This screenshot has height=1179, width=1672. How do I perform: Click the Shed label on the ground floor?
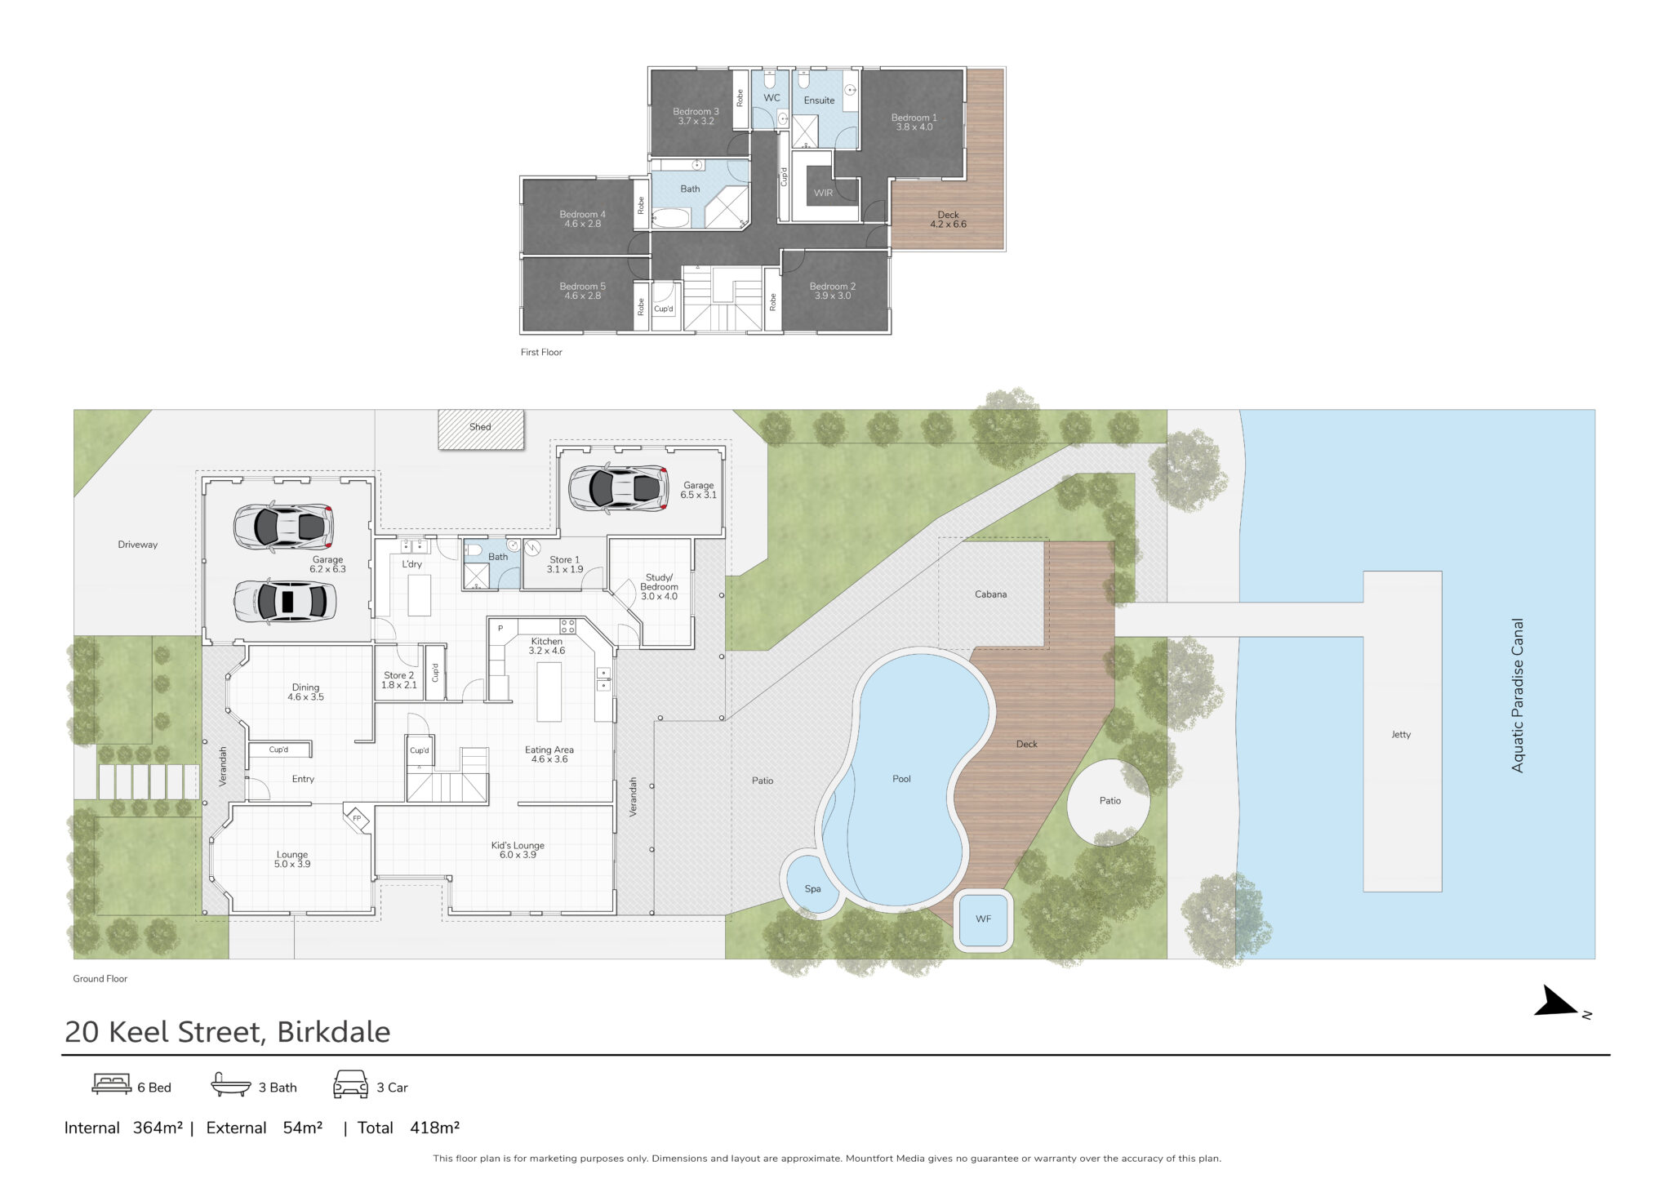point(480,427)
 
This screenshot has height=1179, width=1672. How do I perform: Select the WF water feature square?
point(983,919)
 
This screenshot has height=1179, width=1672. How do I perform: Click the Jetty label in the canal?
point(1401,735)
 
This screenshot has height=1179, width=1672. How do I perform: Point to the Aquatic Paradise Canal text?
point(1518,695)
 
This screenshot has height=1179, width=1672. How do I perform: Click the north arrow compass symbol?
point(1559,1003)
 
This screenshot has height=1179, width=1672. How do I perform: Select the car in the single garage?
point(619,488)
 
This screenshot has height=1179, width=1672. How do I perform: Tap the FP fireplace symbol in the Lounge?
point(357,818)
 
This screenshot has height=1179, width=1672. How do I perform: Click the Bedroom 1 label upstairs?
point(914,122)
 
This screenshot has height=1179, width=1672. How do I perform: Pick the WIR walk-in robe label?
point(823,194)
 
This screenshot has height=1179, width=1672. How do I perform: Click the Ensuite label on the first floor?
point(819,100)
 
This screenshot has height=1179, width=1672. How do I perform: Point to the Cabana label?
point(990,594)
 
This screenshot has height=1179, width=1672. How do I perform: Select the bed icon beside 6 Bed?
point(111,1084)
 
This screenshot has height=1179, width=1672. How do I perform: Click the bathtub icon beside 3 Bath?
point(231,1084)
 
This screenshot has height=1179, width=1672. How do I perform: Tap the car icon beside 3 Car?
point(350,1084)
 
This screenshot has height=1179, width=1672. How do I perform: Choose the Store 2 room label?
point(399,680)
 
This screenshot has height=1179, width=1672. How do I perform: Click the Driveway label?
point(137,545)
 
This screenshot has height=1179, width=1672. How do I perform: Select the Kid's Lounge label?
point(518,850)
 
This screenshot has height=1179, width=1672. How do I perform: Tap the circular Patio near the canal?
point(1109,802)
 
